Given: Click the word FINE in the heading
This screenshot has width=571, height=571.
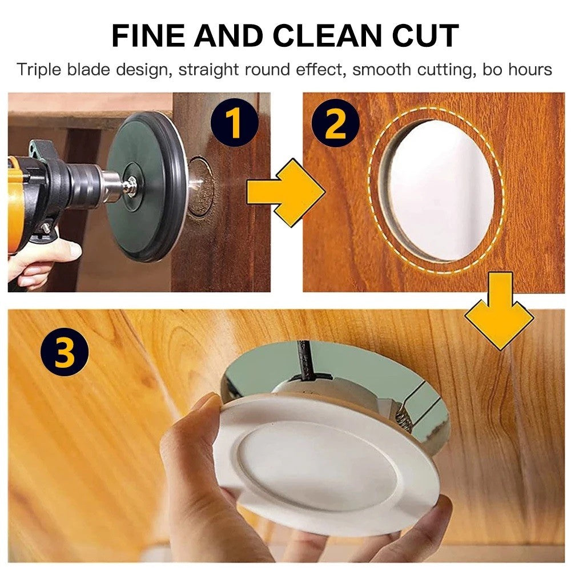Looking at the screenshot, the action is [x=148, y=35].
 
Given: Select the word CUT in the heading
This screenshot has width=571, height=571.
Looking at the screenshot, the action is [x=425, y=35].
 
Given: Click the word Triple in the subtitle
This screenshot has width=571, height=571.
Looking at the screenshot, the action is [x=38, y=70].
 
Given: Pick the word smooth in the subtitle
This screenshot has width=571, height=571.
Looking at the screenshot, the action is [x=381, y=69].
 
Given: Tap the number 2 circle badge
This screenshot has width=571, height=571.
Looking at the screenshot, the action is [x=335, y=123].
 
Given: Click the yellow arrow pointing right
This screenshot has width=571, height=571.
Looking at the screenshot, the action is [x=286, y=192].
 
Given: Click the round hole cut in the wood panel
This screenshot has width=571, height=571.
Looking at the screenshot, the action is [x=436, y=190].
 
